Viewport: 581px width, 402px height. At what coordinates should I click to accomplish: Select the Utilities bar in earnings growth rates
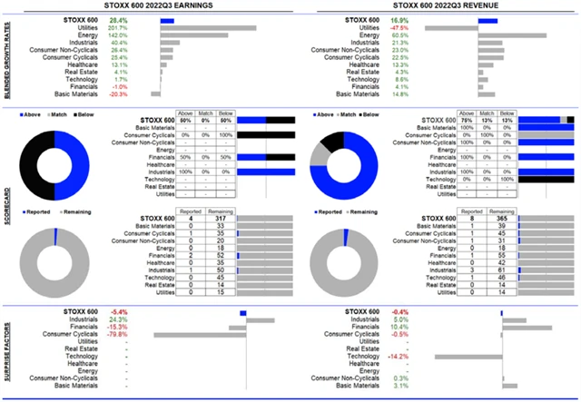click(207, 28)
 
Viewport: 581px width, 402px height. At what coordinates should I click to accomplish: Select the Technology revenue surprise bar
click(467, 357)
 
